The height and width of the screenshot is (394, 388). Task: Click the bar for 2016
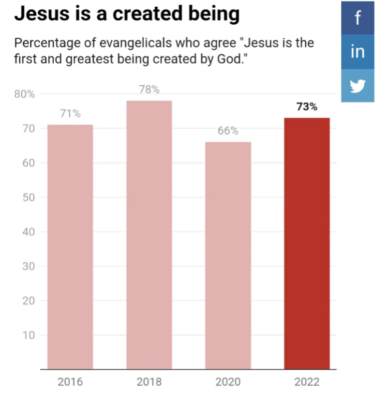(70, 247)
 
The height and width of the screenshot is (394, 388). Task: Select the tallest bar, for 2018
(149, 235)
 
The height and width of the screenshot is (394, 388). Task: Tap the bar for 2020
(228, 255)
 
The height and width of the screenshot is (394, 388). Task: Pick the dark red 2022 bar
(307, 243)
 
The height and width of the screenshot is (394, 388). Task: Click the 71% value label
(70, 114)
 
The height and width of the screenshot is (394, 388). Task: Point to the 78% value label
(149, 89)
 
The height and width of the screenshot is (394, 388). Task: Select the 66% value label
(228, 131)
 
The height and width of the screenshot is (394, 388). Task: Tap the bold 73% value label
(307, 107)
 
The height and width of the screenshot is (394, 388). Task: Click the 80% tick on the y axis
(24, 94)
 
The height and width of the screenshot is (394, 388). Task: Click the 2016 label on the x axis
(70, 383)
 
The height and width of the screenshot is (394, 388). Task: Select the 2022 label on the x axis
(307, 383)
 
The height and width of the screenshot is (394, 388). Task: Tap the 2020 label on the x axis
(228, 383)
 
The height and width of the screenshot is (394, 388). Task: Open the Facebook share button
(357, 18)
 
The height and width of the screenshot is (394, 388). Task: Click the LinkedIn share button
(357, 52)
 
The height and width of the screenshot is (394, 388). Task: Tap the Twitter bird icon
(357, 86)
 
